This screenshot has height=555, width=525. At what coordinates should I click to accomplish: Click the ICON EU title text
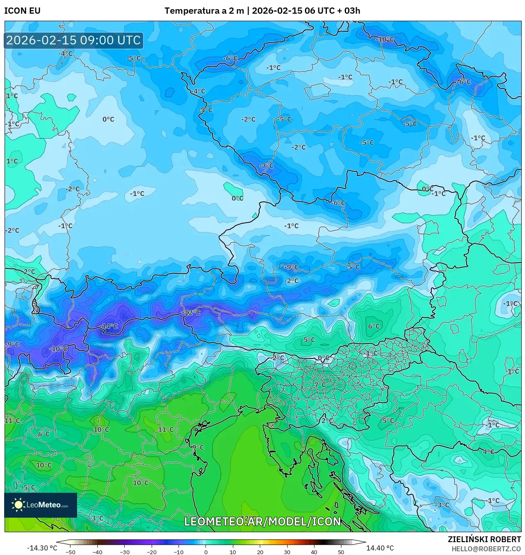22,11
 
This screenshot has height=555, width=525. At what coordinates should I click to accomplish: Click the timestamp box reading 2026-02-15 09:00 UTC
74,40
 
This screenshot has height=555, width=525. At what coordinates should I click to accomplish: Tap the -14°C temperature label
109,326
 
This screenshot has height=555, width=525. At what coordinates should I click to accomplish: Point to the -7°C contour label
266,166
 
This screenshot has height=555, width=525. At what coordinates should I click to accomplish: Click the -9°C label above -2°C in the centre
291,267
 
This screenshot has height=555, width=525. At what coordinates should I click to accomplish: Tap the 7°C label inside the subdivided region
320,385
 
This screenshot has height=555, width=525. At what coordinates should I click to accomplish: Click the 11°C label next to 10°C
166,430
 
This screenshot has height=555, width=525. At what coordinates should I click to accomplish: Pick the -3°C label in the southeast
442,505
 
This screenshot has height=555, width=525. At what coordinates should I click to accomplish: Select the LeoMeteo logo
41,505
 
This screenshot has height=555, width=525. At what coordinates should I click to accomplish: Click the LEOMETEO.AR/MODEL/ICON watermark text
263,522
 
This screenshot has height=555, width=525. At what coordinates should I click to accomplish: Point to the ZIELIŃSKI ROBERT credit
484,539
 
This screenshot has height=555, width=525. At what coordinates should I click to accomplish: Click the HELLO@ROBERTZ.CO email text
486,549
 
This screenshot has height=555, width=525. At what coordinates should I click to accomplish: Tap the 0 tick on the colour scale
206,552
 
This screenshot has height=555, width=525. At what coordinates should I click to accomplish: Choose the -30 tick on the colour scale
125,552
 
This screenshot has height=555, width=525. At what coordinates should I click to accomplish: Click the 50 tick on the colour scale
341,552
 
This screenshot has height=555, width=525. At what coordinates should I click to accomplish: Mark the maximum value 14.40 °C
380,548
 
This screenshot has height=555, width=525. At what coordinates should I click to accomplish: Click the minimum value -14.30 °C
42,548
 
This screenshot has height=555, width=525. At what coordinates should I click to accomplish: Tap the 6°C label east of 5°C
374,326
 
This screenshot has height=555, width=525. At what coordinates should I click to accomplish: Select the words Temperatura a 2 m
204,11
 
